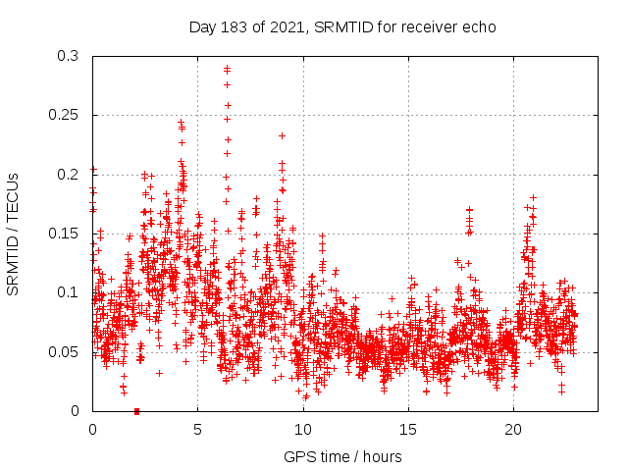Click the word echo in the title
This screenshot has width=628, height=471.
pos(478,26)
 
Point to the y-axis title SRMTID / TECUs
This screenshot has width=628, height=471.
pos(13,234)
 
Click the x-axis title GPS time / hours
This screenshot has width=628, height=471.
pos(342,456)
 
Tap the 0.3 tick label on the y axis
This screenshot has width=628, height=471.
pos(69,56)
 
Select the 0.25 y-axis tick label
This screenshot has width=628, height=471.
pos(65,115)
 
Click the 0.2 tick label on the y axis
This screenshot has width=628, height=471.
pos(69,175)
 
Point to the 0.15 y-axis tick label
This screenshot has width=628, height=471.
pos(65,234)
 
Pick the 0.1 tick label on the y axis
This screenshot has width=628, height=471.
pos(69,292)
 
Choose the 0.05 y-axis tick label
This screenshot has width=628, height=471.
pos(65,351)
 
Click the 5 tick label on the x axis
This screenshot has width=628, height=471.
pos(197,429)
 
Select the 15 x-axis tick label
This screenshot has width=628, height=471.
pos(407,429)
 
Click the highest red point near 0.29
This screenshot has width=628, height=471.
pos(227,69)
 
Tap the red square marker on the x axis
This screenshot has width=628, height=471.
pos(136,411)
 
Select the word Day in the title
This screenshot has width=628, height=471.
pos(201,26)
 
